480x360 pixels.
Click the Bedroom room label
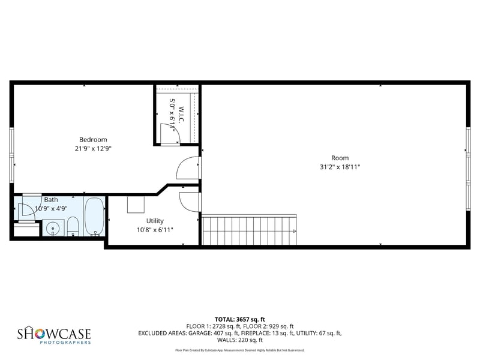[93, 140]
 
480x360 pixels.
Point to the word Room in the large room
[340, 158]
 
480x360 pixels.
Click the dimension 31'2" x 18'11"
[340, 167]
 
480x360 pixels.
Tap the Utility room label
[155, 221]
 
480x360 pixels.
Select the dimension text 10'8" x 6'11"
[155, 229]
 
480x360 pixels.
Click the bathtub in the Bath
[94, 217]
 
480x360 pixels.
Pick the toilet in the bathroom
[73, 226]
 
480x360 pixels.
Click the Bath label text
[51, 200]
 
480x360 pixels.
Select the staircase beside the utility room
[248, 230]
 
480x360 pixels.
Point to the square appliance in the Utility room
[136, 205]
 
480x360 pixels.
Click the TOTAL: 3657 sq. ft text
[239, 319]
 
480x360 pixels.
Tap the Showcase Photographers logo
[54, 335]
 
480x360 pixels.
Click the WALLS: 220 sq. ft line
[239, 340]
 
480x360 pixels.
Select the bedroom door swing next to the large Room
[188, 169]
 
